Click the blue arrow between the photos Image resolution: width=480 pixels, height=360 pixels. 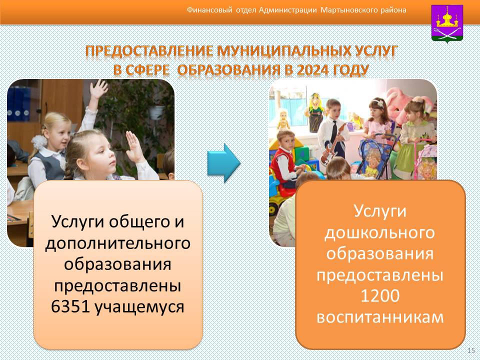pyautogui.click(x=224, y=163)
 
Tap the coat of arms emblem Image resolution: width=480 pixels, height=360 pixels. pyautogui.click(x=447, y=23)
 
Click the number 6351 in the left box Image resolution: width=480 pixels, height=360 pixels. pyautogui.click(x=70, y=306)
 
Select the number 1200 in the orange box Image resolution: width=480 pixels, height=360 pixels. pyautogui.click(x=380, y=295)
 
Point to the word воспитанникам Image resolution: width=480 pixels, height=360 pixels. pyautogui.click(x=380, y=317)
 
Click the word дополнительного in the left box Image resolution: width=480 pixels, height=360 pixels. pyautogui.click(x=118, y=244)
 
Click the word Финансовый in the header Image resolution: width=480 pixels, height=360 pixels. pyautogui.click(x=209, y=10)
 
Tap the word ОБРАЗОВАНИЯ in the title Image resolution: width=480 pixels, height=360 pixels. pyautogui.click(x=228, y=70)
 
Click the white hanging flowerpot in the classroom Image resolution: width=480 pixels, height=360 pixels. pyautogui.click(x=156, y=112)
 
